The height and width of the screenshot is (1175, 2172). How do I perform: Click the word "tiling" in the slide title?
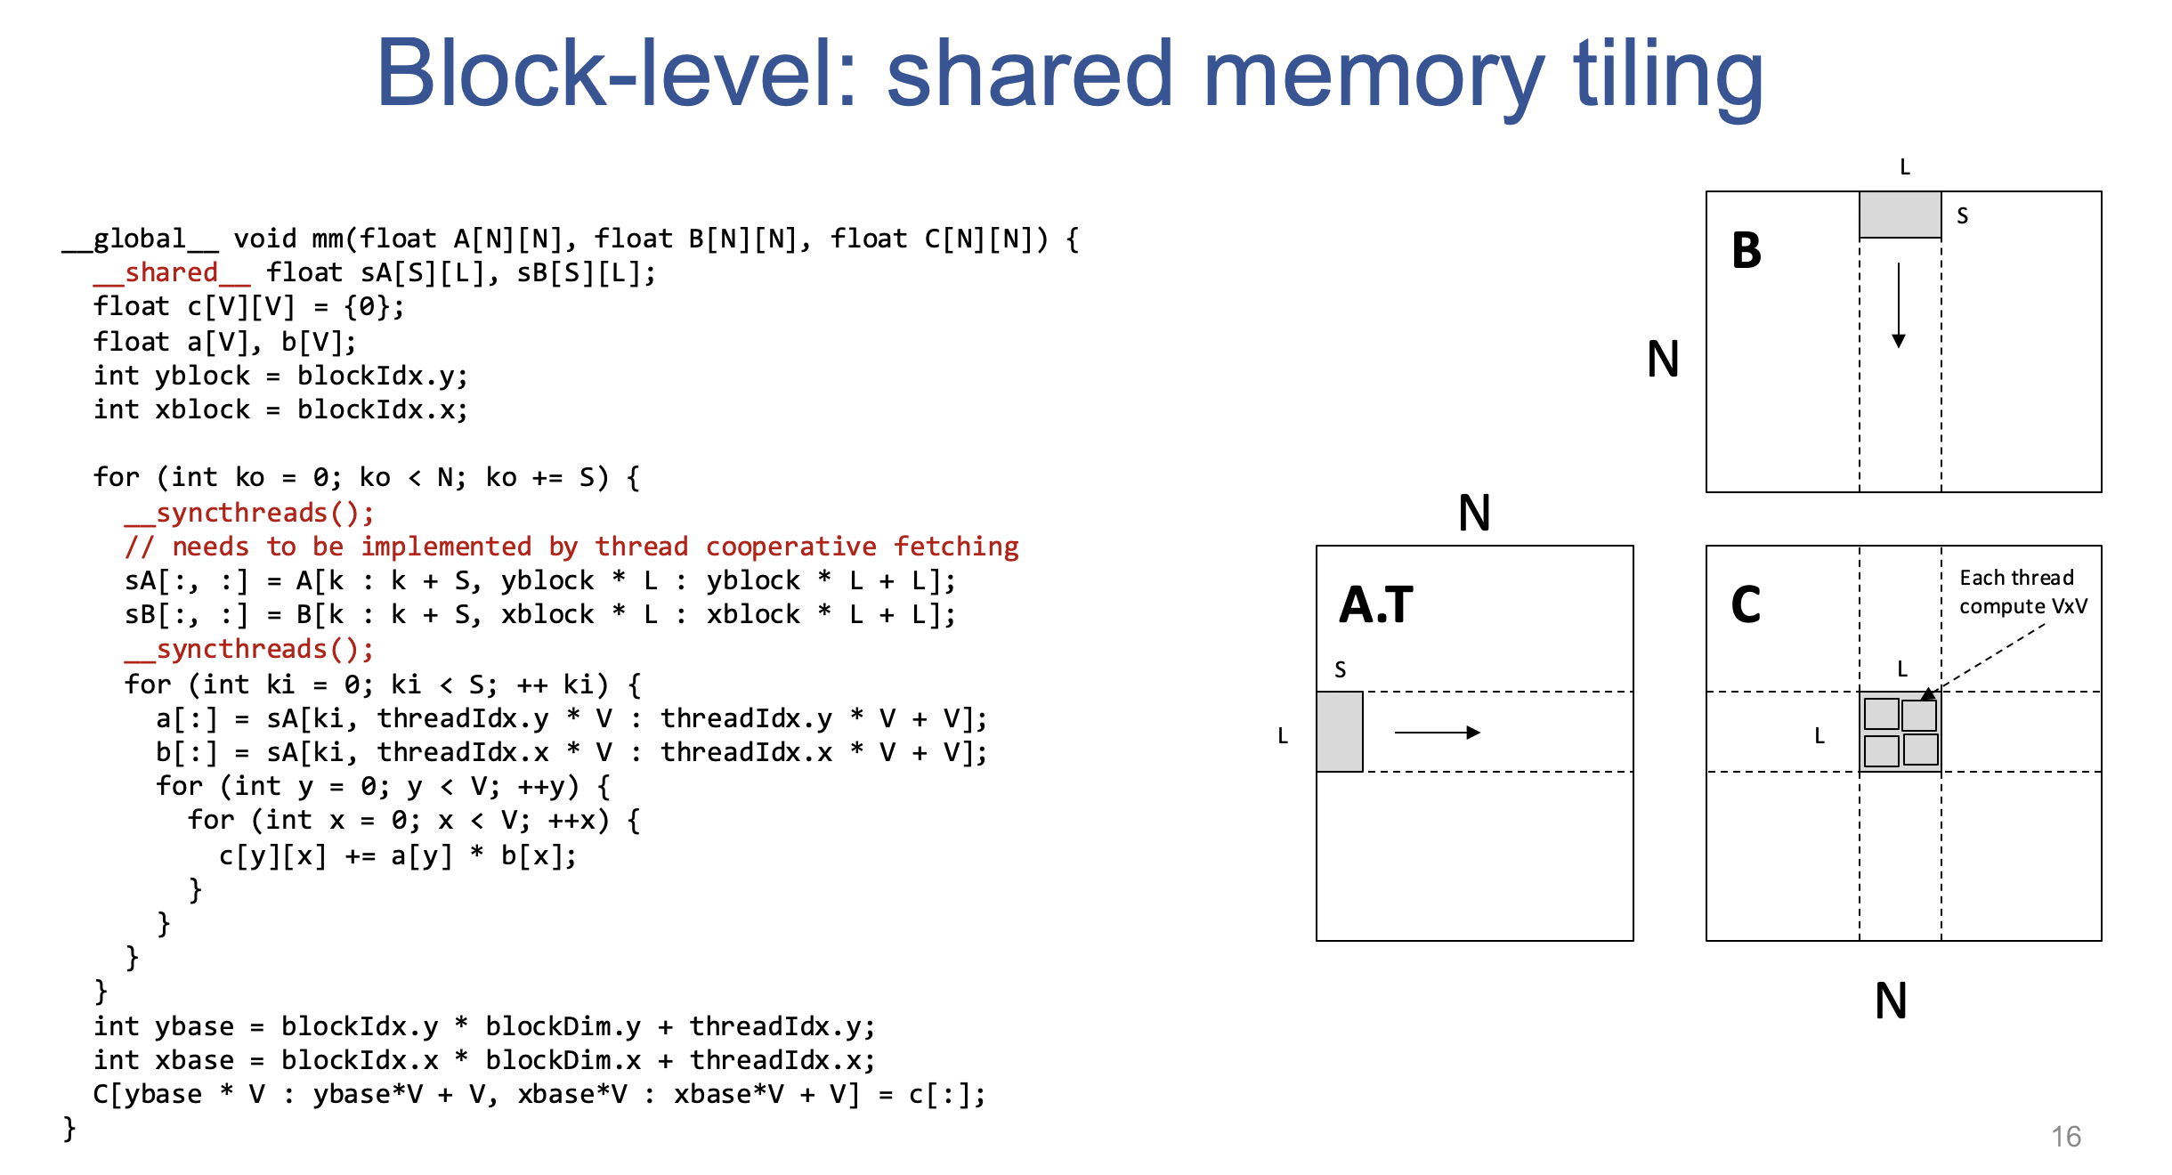1667,76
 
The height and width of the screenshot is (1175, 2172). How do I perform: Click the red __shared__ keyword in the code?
172,273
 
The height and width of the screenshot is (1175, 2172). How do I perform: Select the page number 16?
2065,1137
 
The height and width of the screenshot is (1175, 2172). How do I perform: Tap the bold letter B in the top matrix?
1747,250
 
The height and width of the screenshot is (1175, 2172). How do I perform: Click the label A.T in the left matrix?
1375,604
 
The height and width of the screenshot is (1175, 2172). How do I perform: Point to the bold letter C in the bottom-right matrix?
1746,604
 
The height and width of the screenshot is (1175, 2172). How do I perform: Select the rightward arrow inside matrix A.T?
1437,733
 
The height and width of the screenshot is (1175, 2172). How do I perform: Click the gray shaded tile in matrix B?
1900,215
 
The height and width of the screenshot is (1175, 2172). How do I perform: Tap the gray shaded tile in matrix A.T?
1340,732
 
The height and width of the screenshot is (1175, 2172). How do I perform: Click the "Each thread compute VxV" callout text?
2022,592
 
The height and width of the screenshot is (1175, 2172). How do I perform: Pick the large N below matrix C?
1891,1001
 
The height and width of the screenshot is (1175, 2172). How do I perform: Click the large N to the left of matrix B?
1663,359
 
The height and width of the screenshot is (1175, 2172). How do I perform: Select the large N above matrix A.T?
1474,513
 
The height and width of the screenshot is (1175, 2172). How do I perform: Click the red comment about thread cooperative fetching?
571,547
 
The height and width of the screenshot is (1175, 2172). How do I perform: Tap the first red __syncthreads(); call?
249,513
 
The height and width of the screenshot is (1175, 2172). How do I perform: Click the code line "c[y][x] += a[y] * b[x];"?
397,856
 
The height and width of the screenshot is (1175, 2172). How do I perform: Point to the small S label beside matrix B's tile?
1962,216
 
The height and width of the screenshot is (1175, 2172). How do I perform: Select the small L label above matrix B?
1905,167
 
